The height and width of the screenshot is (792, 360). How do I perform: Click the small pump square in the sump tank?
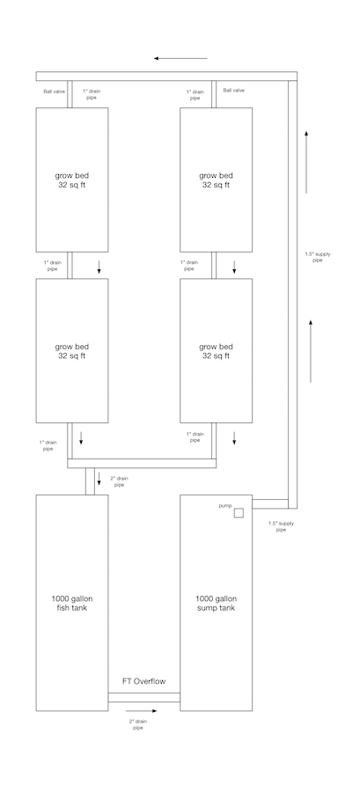[x=239, y=513]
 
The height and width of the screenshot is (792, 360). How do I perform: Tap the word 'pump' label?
[x=224, y=506]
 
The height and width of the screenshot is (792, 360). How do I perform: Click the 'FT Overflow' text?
[x=143, y=681]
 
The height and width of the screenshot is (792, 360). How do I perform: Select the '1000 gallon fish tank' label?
[x=72, y=603]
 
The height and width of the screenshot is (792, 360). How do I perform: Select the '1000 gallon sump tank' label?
[x=217, y=603]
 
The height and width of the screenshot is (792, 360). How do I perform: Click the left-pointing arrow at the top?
[x=180, y=58]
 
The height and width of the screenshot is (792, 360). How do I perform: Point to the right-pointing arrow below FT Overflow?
[x=142, y=710]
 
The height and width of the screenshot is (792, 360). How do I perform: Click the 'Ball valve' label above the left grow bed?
[x=54, y=90]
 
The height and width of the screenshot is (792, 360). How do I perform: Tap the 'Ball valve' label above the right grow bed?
[x=233, y=90]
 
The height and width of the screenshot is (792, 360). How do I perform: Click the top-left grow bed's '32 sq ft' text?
[x=72, y=185]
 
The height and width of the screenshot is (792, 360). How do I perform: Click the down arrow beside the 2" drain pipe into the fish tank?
[x=99, y=478]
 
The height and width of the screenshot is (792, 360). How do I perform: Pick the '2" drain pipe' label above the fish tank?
[x=119, y=481]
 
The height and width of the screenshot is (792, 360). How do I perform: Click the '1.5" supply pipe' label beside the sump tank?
[x=281, y=526]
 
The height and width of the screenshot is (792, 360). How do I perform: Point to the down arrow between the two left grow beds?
[x=99, y=266]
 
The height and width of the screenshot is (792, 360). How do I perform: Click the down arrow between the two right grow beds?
[x=234, y=266]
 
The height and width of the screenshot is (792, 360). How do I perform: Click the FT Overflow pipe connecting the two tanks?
[x=143, y=698]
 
